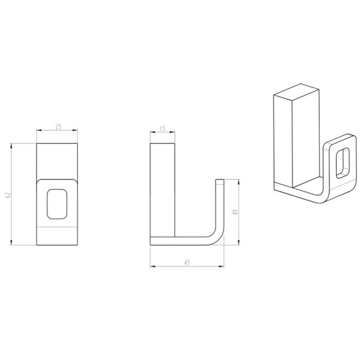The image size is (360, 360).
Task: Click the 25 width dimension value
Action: (59, 126)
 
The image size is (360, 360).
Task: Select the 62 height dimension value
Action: (8, 196)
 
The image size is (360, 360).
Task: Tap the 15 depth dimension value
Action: (163, 128)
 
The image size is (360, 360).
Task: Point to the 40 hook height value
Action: (235, 212)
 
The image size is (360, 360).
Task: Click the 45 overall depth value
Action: (187, 263)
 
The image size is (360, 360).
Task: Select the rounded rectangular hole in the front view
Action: (57, 204)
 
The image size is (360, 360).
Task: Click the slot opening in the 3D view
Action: (343, 163)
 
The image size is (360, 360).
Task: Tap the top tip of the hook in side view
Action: (220, 179)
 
